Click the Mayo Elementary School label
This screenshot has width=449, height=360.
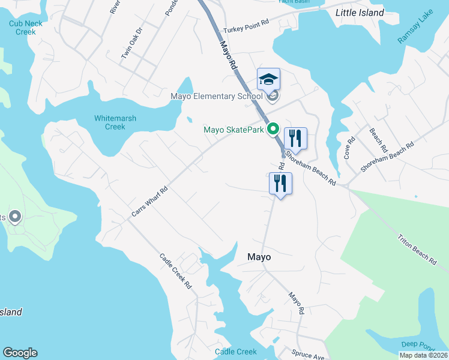tap(217, 96)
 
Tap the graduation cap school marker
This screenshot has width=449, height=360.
tap(269, 80)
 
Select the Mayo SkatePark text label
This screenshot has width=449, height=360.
tap(234, 129)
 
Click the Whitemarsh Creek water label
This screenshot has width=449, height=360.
tap(110, 122)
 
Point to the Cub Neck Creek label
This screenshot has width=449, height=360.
tap(22, 28)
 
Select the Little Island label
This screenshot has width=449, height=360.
tap(359, 12)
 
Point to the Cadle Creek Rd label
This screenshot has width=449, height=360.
tap(175, 271)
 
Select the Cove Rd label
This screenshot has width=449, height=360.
tap(349, 147)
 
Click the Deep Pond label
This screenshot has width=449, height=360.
tap(417, 344)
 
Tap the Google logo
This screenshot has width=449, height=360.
tap(20, 353)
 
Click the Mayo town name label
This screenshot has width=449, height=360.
tap(259, 257)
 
